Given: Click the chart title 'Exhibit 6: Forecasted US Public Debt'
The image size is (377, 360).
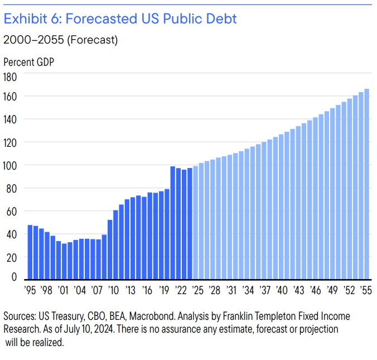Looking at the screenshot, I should [x=120, y=19].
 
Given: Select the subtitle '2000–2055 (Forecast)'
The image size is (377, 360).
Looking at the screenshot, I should [x=60, y=40].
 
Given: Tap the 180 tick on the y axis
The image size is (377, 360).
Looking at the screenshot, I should [x=11, y=76].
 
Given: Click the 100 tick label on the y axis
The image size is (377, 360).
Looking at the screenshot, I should [x=11, y=166].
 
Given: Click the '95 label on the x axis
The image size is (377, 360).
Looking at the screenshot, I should [x=30, y=290].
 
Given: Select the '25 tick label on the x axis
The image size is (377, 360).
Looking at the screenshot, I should [x=196, y=290].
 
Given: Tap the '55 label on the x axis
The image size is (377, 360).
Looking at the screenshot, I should [x=366, y=290].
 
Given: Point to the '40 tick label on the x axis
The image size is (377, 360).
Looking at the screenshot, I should [x=282, y=290].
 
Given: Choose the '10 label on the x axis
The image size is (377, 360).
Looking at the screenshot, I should [x=114, y=290].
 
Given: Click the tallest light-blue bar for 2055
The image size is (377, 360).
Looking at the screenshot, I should [x=366, y=184].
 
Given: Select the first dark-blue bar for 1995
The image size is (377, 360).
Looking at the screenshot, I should [x=30, y=252].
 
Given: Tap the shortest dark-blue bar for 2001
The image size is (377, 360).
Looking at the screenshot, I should [x=64, y=261].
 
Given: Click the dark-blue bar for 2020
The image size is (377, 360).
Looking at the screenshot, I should [x=173, y=223].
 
